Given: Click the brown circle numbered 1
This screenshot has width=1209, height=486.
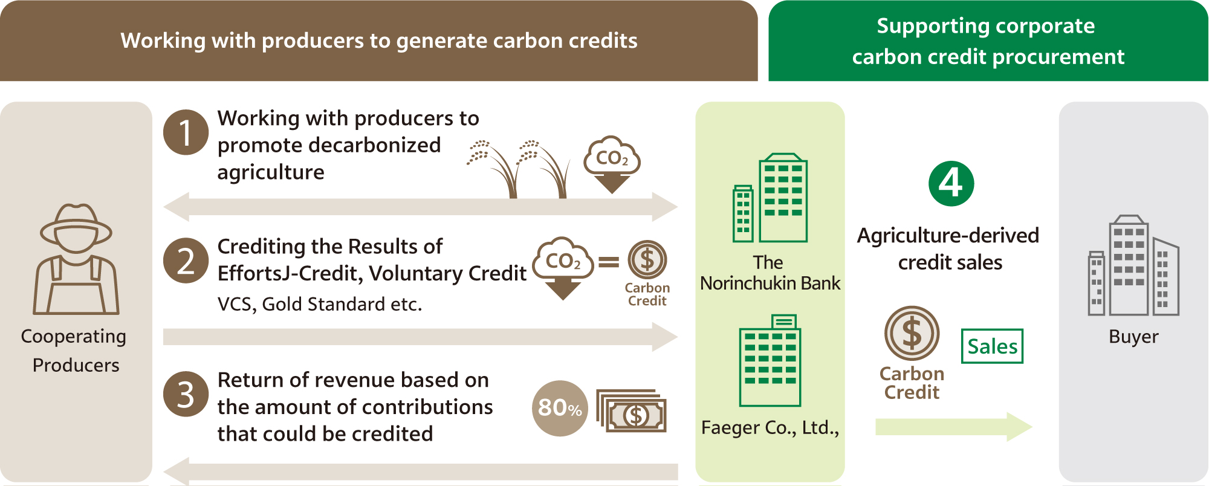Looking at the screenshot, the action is pyautogui.click(x=186, y=132).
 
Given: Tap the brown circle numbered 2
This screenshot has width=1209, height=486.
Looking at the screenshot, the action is pyautogui.click(x=186, y=261).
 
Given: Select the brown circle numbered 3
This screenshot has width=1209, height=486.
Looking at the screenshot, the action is pyautogui.click(x=186, y=394).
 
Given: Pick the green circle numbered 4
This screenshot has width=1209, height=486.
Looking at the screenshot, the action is pyautogui.click(x=951, y=183).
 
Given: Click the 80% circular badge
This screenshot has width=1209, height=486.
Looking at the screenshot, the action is pyautogui.click(x=560, y=408).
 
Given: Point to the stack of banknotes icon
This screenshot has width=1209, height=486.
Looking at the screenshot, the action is pyautogui.click(x=631, y=410).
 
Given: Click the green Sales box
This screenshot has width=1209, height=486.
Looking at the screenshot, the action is pyautogui.click(x=992, y=346).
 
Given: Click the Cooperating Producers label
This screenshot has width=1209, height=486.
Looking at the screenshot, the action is pyautogui.click(x=74, y=351).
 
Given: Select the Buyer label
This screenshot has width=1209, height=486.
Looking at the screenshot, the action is pyautogui.click(x=1133, y=337).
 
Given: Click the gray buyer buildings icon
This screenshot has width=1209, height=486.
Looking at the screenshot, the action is pyautogui.click(x=1133, y=265).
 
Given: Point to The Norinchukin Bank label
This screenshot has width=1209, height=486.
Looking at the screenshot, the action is pyautogui.click(x=770, y=273).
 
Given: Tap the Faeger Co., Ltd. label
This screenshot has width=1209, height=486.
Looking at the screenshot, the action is pyautogui.click(x=770, y=428).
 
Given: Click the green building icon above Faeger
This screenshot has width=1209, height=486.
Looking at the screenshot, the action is pyautogui.click(x=770, y=360).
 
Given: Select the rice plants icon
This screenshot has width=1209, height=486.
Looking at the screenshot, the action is pyautogui.click(x=519, y=169).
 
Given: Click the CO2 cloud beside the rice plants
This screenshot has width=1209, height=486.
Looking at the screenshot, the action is pyautogui.click(x=612, y=164).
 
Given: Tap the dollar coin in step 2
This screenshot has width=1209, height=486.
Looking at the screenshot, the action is pyautogui.click(x=647, y=260).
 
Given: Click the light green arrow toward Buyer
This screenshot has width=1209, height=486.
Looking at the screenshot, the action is pyautogui.click(x=954, y=427).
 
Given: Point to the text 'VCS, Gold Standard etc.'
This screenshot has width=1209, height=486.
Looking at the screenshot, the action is pyautogui.click(x=320, y=304).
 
